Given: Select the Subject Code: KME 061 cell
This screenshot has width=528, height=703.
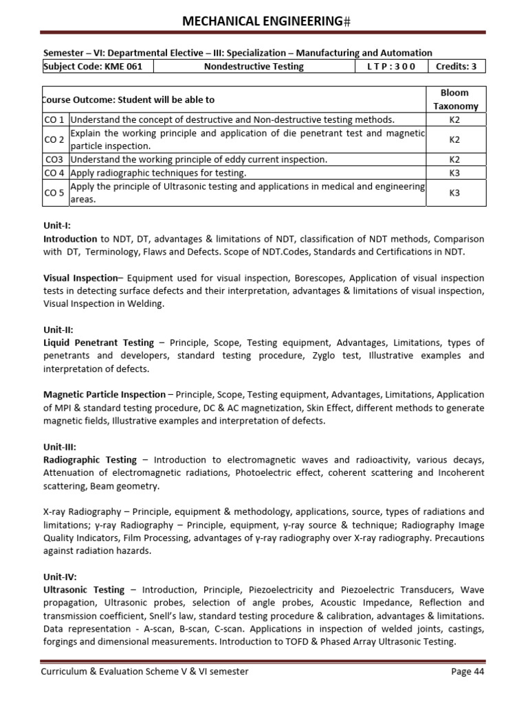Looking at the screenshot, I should coord(98,67).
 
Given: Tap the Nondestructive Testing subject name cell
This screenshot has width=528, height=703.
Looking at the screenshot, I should coord(254,67).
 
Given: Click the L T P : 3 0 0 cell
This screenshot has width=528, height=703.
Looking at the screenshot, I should coord(390,67).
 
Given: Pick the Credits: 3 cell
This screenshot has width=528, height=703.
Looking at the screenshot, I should coord(456,67).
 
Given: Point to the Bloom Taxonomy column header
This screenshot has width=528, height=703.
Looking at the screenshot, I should coord(454,100).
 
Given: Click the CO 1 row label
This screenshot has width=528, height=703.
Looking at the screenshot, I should coord(55,119).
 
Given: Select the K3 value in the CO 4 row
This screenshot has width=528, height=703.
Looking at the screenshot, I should coord(454,172).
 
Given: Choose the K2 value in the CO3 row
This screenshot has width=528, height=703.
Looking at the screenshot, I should coord(454,159).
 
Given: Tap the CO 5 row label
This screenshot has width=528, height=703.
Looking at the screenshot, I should coord(55,192).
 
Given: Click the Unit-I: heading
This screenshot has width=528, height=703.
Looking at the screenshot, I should coord(57,225).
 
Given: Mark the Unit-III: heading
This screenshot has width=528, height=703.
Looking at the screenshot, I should coord(60,446).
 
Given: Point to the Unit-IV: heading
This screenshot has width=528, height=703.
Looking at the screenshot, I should coord(60,577).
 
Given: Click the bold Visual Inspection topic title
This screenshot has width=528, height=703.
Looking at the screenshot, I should coord(80,278).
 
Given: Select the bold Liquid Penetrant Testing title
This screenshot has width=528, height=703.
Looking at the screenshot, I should coord(98,343).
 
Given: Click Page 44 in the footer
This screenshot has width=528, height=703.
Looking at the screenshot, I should coord(467,671).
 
